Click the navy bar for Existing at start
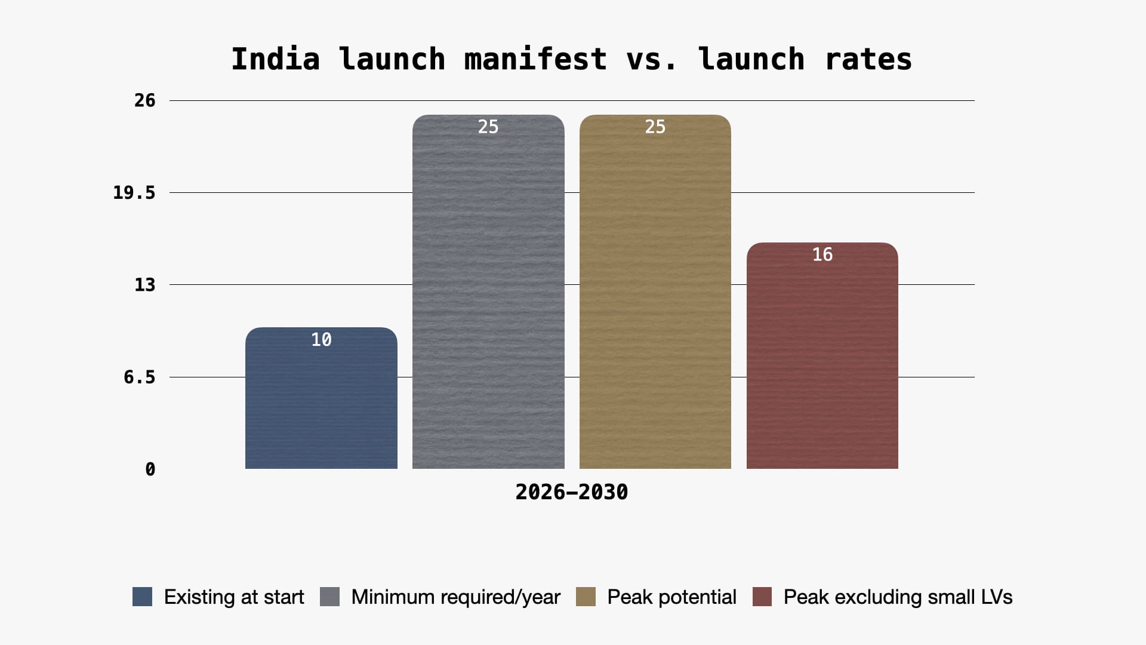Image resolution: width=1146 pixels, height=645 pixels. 321,406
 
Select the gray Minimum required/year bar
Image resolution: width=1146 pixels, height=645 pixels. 488,299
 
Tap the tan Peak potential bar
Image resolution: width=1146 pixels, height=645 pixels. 655,299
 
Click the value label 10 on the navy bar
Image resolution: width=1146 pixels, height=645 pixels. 321,340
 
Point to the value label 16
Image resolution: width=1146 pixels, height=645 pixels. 822,254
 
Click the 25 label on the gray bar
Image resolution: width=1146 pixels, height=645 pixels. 488,127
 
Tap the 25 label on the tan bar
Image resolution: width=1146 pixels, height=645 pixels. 655,127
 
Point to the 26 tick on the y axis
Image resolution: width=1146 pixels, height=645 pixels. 144,100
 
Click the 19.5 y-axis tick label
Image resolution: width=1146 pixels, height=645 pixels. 134,193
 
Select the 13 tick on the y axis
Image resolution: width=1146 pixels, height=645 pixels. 144,285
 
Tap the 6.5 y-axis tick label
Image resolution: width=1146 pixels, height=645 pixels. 139,377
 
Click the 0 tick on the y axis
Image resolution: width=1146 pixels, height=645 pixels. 150,469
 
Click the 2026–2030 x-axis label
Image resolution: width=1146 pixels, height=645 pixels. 571,492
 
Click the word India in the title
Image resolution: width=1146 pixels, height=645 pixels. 275,59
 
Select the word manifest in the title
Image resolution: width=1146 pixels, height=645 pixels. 535,59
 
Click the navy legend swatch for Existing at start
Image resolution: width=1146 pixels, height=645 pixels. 142,597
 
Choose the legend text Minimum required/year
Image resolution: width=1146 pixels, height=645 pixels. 455,597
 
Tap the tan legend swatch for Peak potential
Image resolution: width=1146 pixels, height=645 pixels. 586,597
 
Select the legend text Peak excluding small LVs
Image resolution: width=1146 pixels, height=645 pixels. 898,597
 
